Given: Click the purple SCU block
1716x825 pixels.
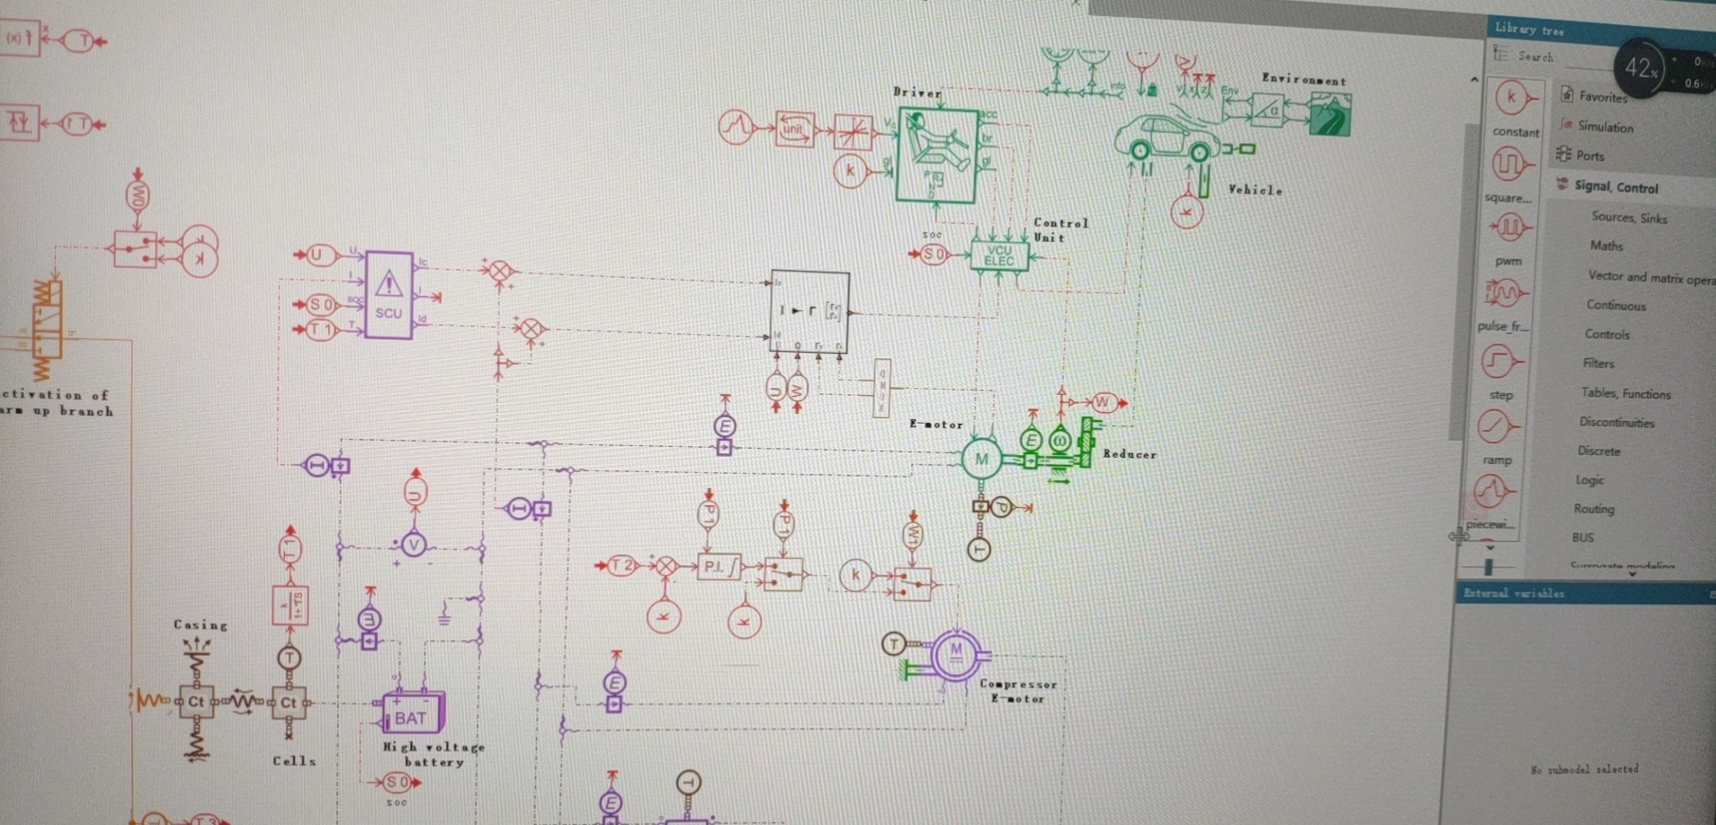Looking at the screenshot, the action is [389, 295].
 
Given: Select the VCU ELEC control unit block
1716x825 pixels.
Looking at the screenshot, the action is [999, 256].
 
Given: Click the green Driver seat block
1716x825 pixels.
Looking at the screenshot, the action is [936, 155].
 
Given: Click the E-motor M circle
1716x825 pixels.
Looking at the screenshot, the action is [981, 459].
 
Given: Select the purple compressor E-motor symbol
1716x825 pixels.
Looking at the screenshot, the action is [956, 654].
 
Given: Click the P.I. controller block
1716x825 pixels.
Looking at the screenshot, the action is [719, 567].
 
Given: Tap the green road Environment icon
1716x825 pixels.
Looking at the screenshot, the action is [1330, 114].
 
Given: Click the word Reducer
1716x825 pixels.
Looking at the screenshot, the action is [1130, 454].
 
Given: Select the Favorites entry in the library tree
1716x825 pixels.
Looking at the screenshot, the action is [1602, 97].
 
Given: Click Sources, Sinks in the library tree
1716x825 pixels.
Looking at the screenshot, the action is [1628, 217].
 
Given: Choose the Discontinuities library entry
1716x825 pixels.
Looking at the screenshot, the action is [1616, 422].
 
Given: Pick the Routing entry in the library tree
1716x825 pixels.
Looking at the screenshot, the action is [1594, 509].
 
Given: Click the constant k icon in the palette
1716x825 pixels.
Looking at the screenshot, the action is [1511, 98].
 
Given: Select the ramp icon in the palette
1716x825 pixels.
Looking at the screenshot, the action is [1497, 426].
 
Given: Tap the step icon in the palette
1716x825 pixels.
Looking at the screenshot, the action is [1499, 362].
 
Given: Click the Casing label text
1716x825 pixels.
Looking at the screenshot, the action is [200, 625].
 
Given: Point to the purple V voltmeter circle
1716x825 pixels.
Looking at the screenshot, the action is [413, 543].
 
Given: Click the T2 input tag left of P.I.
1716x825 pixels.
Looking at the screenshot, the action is [621, 566].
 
